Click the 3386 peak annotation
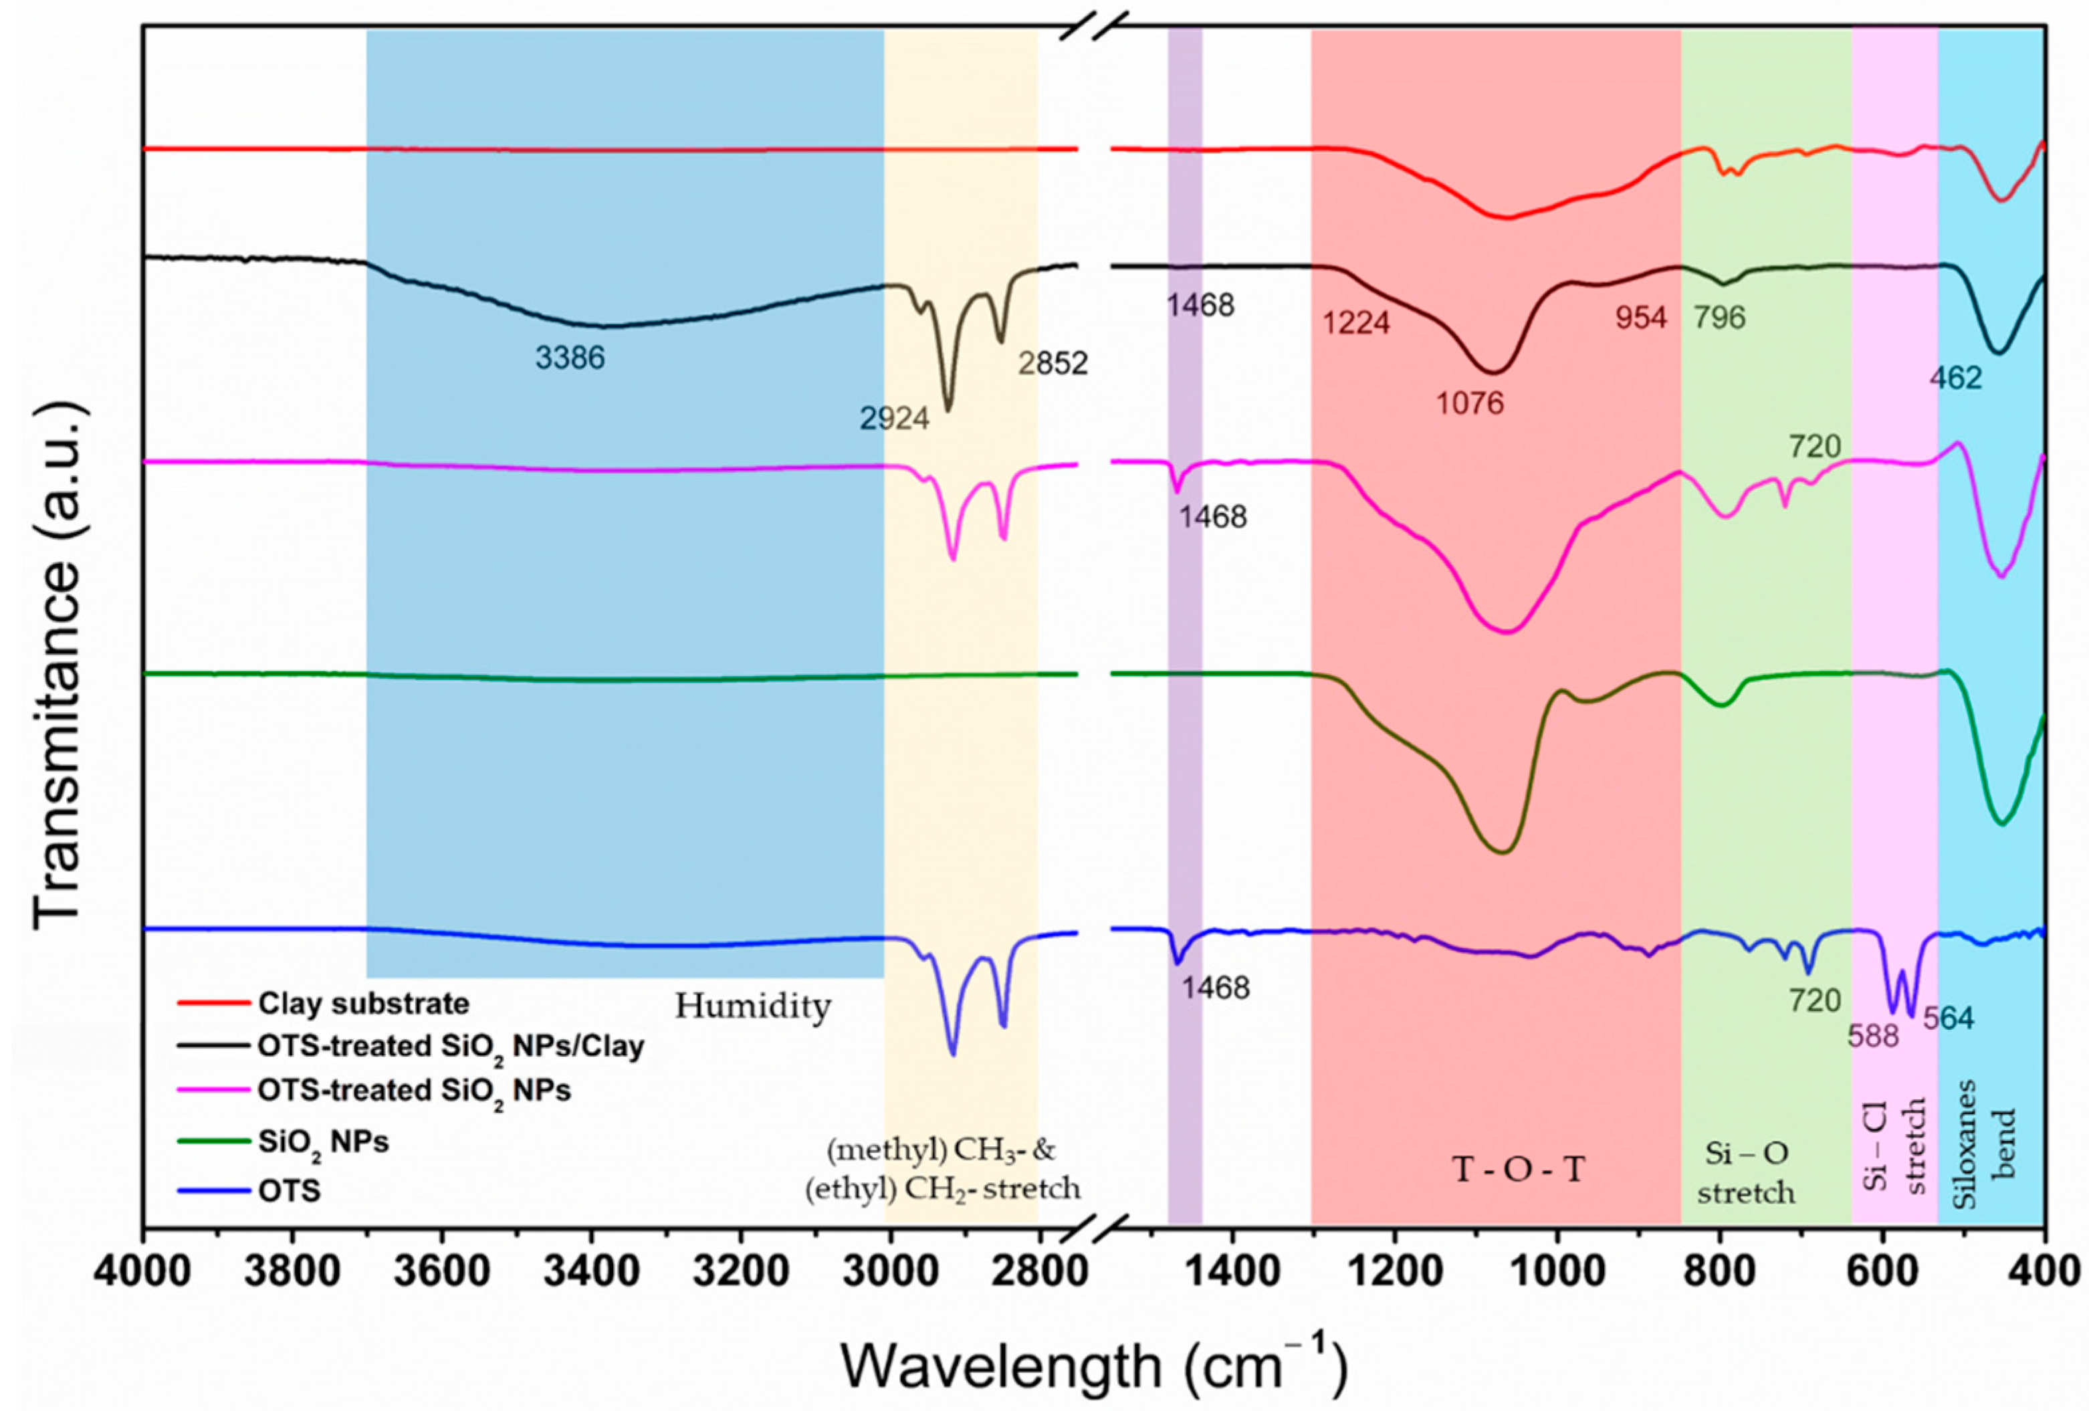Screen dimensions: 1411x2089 click(570, 358)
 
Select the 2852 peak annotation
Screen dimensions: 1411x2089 click(1053, 363)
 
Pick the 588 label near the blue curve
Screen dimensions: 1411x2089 click(1873, 1037)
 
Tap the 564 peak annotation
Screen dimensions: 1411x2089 click(1949, 1018)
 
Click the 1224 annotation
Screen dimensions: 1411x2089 click(1356, 322)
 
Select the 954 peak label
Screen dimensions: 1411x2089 click(1642, 317)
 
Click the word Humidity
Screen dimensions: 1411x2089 click(752, 1006)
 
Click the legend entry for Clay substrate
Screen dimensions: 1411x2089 click(363, 1003)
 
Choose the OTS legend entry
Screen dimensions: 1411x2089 click(290, 1192)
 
